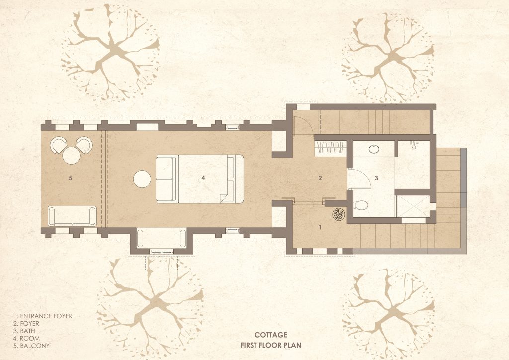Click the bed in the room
[x=200, y=179]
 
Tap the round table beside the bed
[x=142, y=179]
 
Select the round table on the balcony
[x=72, y=155]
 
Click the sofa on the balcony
[x=73, y=216]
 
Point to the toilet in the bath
[x=360, y=205]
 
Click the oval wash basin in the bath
[x=374, y=149]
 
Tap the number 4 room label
[x=203, y=178]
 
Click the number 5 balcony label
[x=71, y=178]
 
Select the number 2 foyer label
[x=320, y=178]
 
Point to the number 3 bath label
[x=377, y=178]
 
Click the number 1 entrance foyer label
[x=320, y=227]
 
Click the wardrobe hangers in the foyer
[x=331, y=148]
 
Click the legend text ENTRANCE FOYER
[x=46, y=316]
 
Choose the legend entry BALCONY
[x=35, y=346]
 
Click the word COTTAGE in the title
[x=271, y=335]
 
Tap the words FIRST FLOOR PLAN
[x=271, y=345]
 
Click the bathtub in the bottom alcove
[x=162, y=239]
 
